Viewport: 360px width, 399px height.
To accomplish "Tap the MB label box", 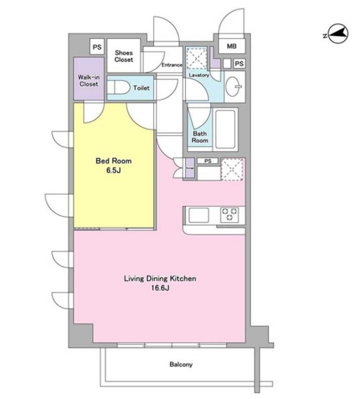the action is click(x=231, y=46).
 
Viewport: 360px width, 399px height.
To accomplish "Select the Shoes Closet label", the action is click(x=124, y=56).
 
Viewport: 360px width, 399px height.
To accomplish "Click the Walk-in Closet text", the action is click(x=89, y=81).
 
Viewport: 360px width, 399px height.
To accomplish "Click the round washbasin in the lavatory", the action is click(x=233, y=87).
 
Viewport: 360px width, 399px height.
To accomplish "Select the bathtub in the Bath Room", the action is click(x=225, y=129).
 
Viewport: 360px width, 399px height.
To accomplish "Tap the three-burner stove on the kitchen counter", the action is click(x=230, y=215).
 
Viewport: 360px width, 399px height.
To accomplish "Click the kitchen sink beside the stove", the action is click(x=199, y=215).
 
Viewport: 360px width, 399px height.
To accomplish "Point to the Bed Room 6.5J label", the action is click(x=114, y=165).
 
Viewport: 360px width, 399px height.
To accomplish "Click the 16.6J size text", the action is click(x=160, y=288).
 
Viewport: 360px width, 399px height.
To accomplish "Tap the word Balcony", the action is click(x=181, y=364).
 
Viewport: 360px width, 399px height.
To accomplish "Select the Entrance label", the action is click(x=172, y=65).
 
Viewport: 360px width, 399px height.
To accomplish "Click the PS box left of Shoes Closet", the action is click(x=97, y=47).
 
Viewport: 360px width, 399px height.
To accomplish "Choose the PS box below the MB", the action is click(x=239, y=63).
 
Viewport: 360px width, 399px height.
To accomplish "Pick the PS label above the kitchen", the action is click(x=208, y=161).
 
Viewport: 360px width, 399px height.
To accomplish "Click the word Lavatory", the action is click(x=199, y=75).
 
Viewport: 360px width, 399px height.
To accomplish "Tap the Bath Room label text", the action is click(x=199, y=137).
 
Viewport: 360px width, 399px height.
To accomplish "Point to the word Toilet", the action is click(x=141, y=88).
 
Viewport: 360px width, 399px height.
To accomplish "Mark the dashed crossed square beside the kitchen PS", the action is click(x=231, y=169).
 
